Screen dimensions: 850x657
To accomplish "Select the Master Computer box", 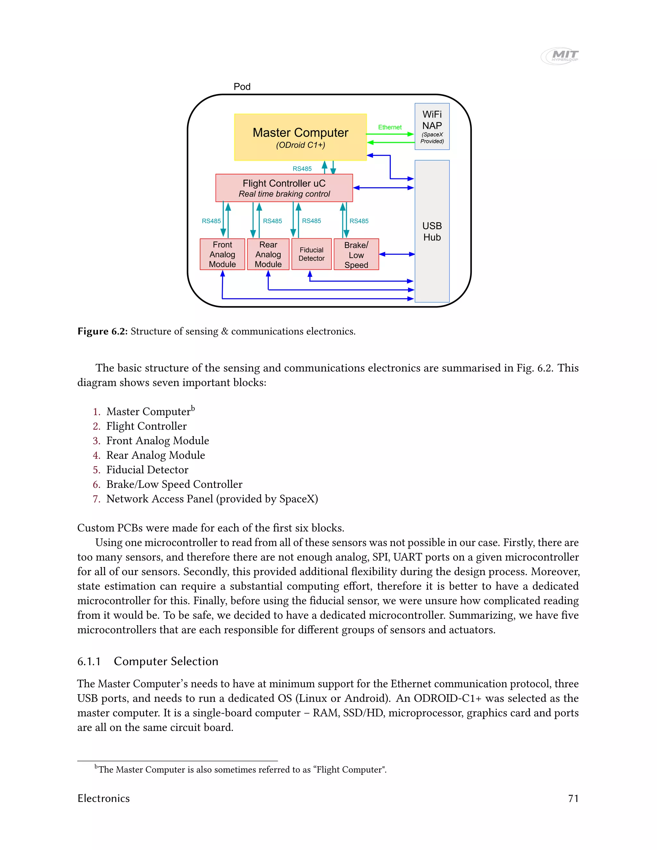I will click(300, 137).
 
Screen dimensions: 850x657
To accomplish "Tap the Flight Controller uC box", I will click(284, 188).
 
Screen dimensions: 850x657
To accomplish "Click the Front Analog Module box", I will click(222, 254).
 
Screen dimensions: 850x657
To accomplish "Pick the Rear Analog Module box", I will click(268, 254).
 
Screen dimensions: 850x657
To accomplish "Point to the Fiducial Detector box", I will click(311, 254).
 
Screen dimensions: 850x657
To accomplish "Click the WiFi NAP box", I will click(432, 126).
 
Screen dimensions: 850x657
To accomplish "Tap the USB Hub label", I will click(432, 232).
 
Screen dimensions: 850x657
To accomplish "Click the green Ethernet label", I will click(389, 127).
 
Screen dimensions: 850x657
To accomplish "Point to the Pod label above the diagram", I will click(242, 86).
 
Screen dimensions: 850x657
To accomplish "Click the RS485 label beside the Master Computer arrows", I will click(302, 168).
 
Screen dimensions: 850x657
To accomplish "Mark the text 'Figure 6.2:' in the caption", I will click(102, 331).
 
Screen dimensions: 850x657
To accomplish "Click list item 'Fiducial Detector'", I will click(147, 470).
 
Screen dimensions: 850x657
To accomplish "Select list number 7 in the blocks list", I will click(97, 499).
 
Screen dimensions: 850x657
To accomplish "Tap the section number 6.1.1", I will click(89, 661).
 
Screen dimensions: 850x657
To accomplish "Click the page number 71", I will click(573, 799).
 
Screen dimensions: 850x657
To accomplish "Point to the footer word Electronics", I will click(104, 799).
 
